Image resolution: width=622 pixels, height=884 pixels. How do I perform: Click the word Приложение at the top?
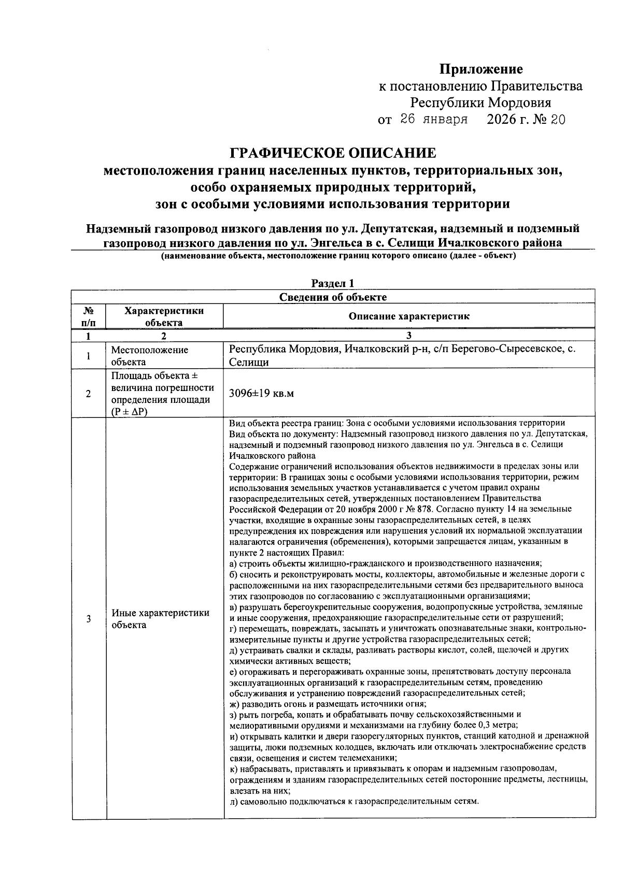point(481,69)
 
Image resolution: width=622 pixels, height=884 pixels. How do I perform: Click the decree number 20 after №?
point(558,120)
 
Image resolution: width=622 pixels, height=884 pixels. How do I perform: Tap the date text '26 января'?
point(434,120)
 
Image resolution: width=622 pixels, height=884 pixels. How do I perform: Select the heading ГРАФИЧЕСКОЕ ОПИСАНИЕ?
point(333,153)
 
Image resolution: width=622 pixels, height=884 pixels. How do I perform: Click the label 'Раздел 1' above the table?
point(333,283)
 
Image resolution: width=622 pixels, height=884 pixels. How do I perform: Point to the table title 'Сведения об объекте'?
point(333,297)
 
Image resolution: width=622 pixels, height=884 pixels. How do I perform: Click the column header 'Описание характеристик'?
point(408,316)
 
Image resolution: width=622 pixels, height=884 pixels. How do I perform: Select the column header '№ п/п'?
point(89,316)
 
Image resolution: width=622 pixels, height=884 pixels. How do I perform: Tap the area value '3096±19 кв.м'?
point(261,394)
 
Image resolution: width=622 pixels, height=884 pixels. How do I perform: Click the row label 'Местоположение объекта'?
point(150,356)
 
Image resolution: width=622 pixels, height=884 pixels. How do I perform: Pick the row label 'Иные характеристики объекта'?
point(160,618)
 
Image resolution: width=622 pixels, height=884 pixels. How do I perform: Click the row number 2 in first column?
point(89,394)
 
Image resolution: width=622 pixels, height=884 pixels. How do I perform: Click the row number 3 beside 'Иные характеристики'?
point(89,619)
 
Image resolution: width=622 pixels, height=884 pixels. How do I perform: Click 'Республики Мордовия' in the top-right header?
point(480,103)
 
